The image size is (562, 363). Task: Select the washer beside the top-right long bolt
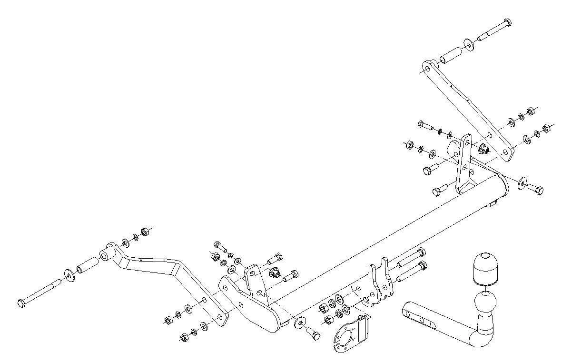coord(469,46)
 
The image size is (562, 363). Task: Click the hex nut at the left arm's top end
coord(145,232)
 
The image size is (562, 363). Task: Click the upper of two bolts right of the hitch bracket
coord(410,257)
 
